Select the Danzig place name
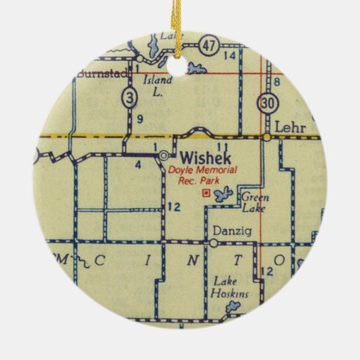pyautogui.click(x=227, y=230)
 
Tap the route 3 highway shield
pyautogui.click(x=131, y=97)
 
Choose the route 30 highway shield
pyautogui.click(x=266, y=103)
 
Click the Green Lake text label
pyautogui.click(x=256, y=203)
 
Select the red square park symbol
pyautogui.click(x=206, y=194)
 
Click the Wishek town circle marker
pyautogui.click(x=164, y=156)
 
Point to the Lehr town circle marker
pyautogui.click(x=268, y=137)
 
